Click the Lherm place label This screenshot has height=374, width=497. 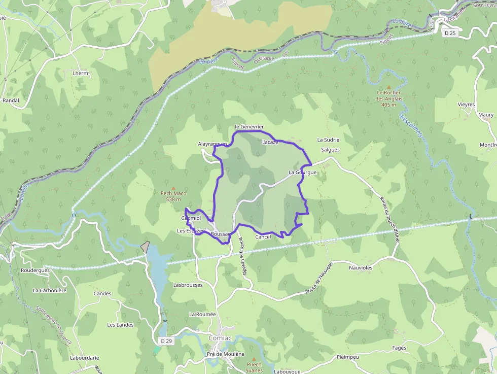[x=80, y=74]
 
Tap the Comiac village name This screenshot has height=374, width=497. [x=220, y=338]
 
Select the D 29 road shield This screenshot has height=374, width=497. [x=166, y=341]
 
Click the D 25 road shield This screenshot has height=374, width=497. [x=449, y=33]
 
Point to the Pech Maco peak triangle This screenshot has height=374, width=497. [x=173, y=187]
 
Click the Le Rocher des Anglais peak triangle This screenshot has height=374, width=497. [x=389, y=87]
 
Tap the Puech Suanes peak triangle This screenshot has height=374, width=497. [x=254, y=359]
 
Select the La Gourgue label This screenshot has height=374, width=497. [x=302, y=173]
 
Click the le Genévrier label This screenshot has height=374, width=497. [x=249, y=126]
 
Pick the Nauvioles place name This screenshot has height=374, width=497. [x=361, y=267]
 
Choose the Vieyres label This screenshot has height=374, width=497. [x=466, y=105]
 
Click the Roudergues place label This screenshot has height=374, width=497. [x=35, y=270]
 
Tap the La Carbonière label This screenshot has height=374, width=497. [x=50, y=290]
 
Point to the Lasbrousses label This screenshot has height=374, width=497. [x=188, y=285]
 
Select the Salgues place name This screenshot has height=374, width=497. [x=330, y=150]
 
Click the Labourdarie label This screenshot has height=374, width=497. [x=84, y=357]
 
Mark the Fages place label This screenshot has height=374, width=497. [x=399, y=348]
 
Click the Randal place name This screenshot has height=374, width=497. [x=11, y=100]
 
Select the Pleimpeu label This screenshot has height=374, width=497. [x=347, y=357]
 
